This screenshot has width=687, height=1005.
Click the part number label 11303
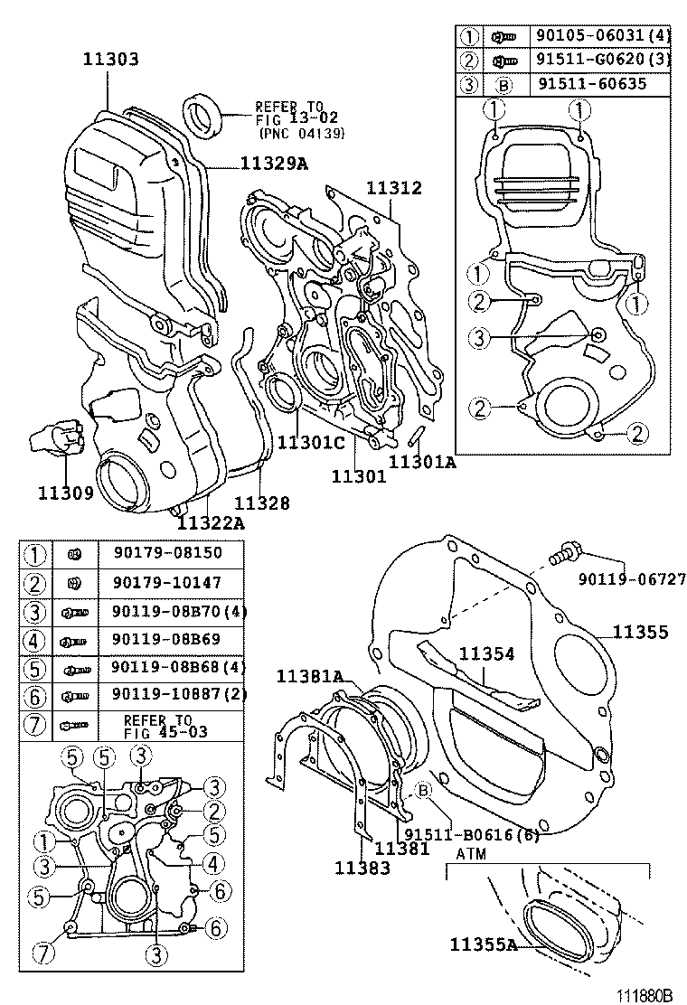(x=110, y=61)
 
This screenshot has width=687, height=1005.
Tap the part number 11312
(x=393, y=188)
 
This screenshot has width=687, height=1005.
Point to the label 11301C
(x=311, y=442)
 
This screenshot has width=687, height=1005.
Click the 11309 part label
(x=66, y=493)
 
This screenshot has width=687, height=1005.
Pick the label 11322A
(x=211, y=522)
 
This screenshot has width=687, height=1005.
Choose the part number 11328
(x=262, y=503)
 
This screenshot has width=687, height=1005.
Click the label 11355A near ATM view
(x=484, y=944)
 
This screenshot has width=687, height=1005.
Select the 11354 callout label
(x=486, y=653)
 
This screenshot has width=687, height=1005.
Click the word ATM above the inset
(x=471, y=852)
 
